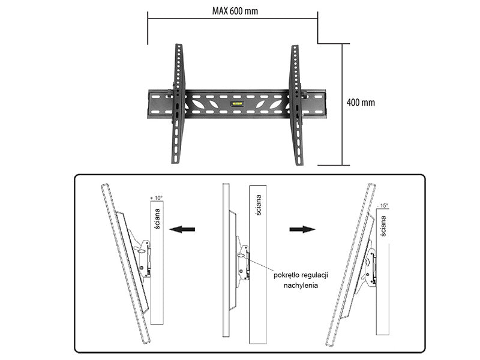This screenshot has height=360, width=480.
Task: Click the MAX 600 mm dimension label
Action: pos(235,11)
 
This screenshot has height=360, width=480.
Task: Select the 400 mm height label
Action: pos(361,102)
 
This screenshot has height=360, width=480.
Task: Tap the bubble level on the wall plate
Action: pos(237,104)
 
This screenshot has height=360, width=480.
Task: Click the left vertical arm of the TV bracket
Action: pos(178,104)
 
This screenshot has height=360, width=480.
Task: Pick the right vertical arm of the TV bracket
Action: pos(296,106)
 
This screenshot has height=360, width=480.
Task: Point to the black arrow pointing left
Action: pos(182,229)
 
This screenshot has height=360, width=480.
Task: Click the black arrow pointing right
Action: pos(302,229)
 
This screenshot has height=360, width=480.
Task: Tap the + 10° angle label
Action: pos(157,198)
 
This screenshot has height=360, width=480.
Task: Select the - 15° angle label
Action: pos(382,206)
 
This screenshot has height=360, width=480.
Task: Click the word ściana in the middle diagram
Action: pos(259,205)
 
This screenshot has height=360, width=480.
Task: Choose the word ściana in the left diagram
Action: pos(157,218)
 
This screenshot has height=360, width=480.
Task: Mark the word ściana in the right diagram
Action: pos(383,226)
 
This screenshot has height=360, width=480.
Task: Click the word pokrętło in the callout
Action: pos(287,275)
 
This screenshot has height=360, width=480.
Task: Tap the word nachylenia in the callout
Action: pos(301,286)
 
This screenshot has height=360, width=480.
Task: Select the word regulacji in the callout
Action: pos(315,275)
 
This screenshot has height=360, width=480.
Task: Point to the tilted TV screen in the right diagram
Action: pos(351,265)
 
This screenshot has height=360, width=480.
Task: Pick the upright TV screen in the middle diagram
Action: pos(226,260)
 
